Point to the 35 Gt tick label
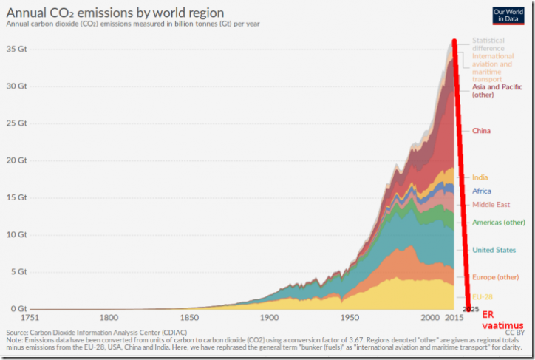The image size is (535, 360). click(x=17, y=49)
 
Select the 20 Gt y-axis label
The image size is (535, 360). click(x=17, y=160)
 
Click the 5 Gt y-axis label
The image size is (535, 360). click(x=19, y=271)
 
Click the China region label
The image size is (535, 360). click(x=481, y=131)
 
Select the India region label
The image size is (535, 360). click(x=480, y=177)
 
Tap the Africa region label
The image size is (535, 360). click(x=482, y=191)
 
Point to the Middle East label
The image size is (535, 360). click(x=491, y=204)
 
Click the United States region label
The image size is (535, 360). click(x=494, y=250)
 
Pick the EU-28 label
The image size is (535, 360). click(x=484, y=296)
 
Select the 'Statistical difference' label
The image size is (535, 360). click(x=488, y=44)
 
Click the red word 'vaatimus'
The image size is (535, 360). click(x=503, y=325)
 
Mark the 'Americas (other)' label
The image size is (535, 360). click(x=499, y=223)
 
